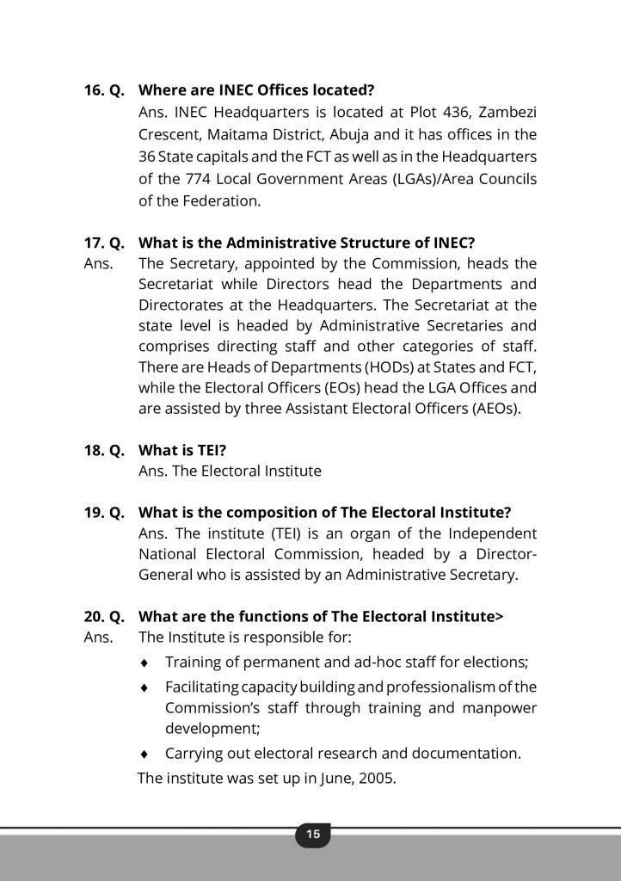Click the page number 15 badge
point(312,834)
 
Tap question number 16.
point(95,89)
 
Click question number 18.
point(95,449)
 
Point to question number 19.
point(95,513)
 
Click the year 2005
point(378,783)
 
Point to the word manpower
point(496,708)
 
